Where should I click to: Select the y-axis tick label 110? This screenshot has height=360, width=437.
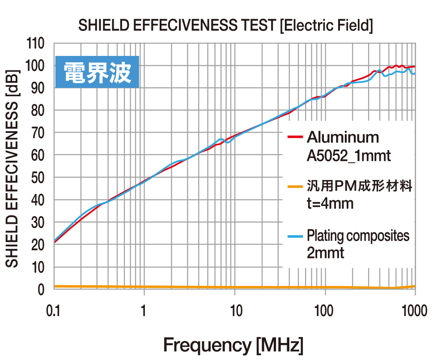(x=36, y=44)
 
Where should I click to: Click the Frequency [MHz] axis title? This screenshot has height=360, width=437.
(x=233, y=345)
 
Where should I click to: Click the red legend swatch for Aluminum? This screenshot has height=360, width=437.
(x=295, y=137)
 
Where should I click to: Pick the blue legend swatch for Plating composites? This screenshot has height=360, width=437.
(x=295, y=236)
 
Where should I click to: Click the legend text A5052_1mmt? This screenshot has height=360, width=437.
(x=348, y=156)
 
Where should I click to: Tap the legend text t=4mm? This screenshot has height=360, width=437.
(x=330, y=204)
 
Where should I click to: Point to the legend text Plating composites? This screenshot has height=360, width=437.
(x=358, y=236)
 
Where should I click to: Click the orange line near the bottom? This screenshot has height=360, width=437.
(x=224, y=287)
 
